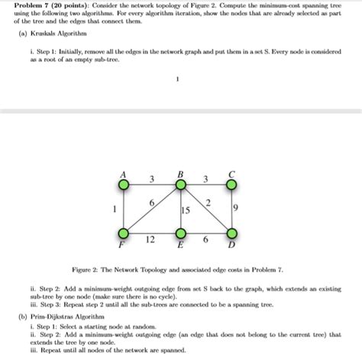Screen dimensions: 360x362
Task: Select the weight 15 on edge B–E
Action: (x=186, y=209)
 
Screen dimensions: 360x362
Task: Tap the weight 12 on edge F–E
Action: (x=151, y=239)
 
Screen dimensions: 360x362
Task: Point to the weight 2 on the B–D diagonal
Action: (x=208, y=201)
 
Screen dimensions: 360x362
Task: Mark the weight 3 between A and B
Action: (x=151, y=179)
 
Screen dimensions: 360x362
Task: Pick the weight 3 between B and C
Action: (x=206, y=179)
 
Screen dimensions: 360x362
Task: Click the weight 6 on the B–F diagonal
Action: (x=152, y=203)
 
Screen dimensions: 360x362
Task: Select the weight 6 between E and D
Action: (x=206, y=239)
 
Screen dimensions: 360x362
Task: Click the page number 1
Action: (x=177, y=78)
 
